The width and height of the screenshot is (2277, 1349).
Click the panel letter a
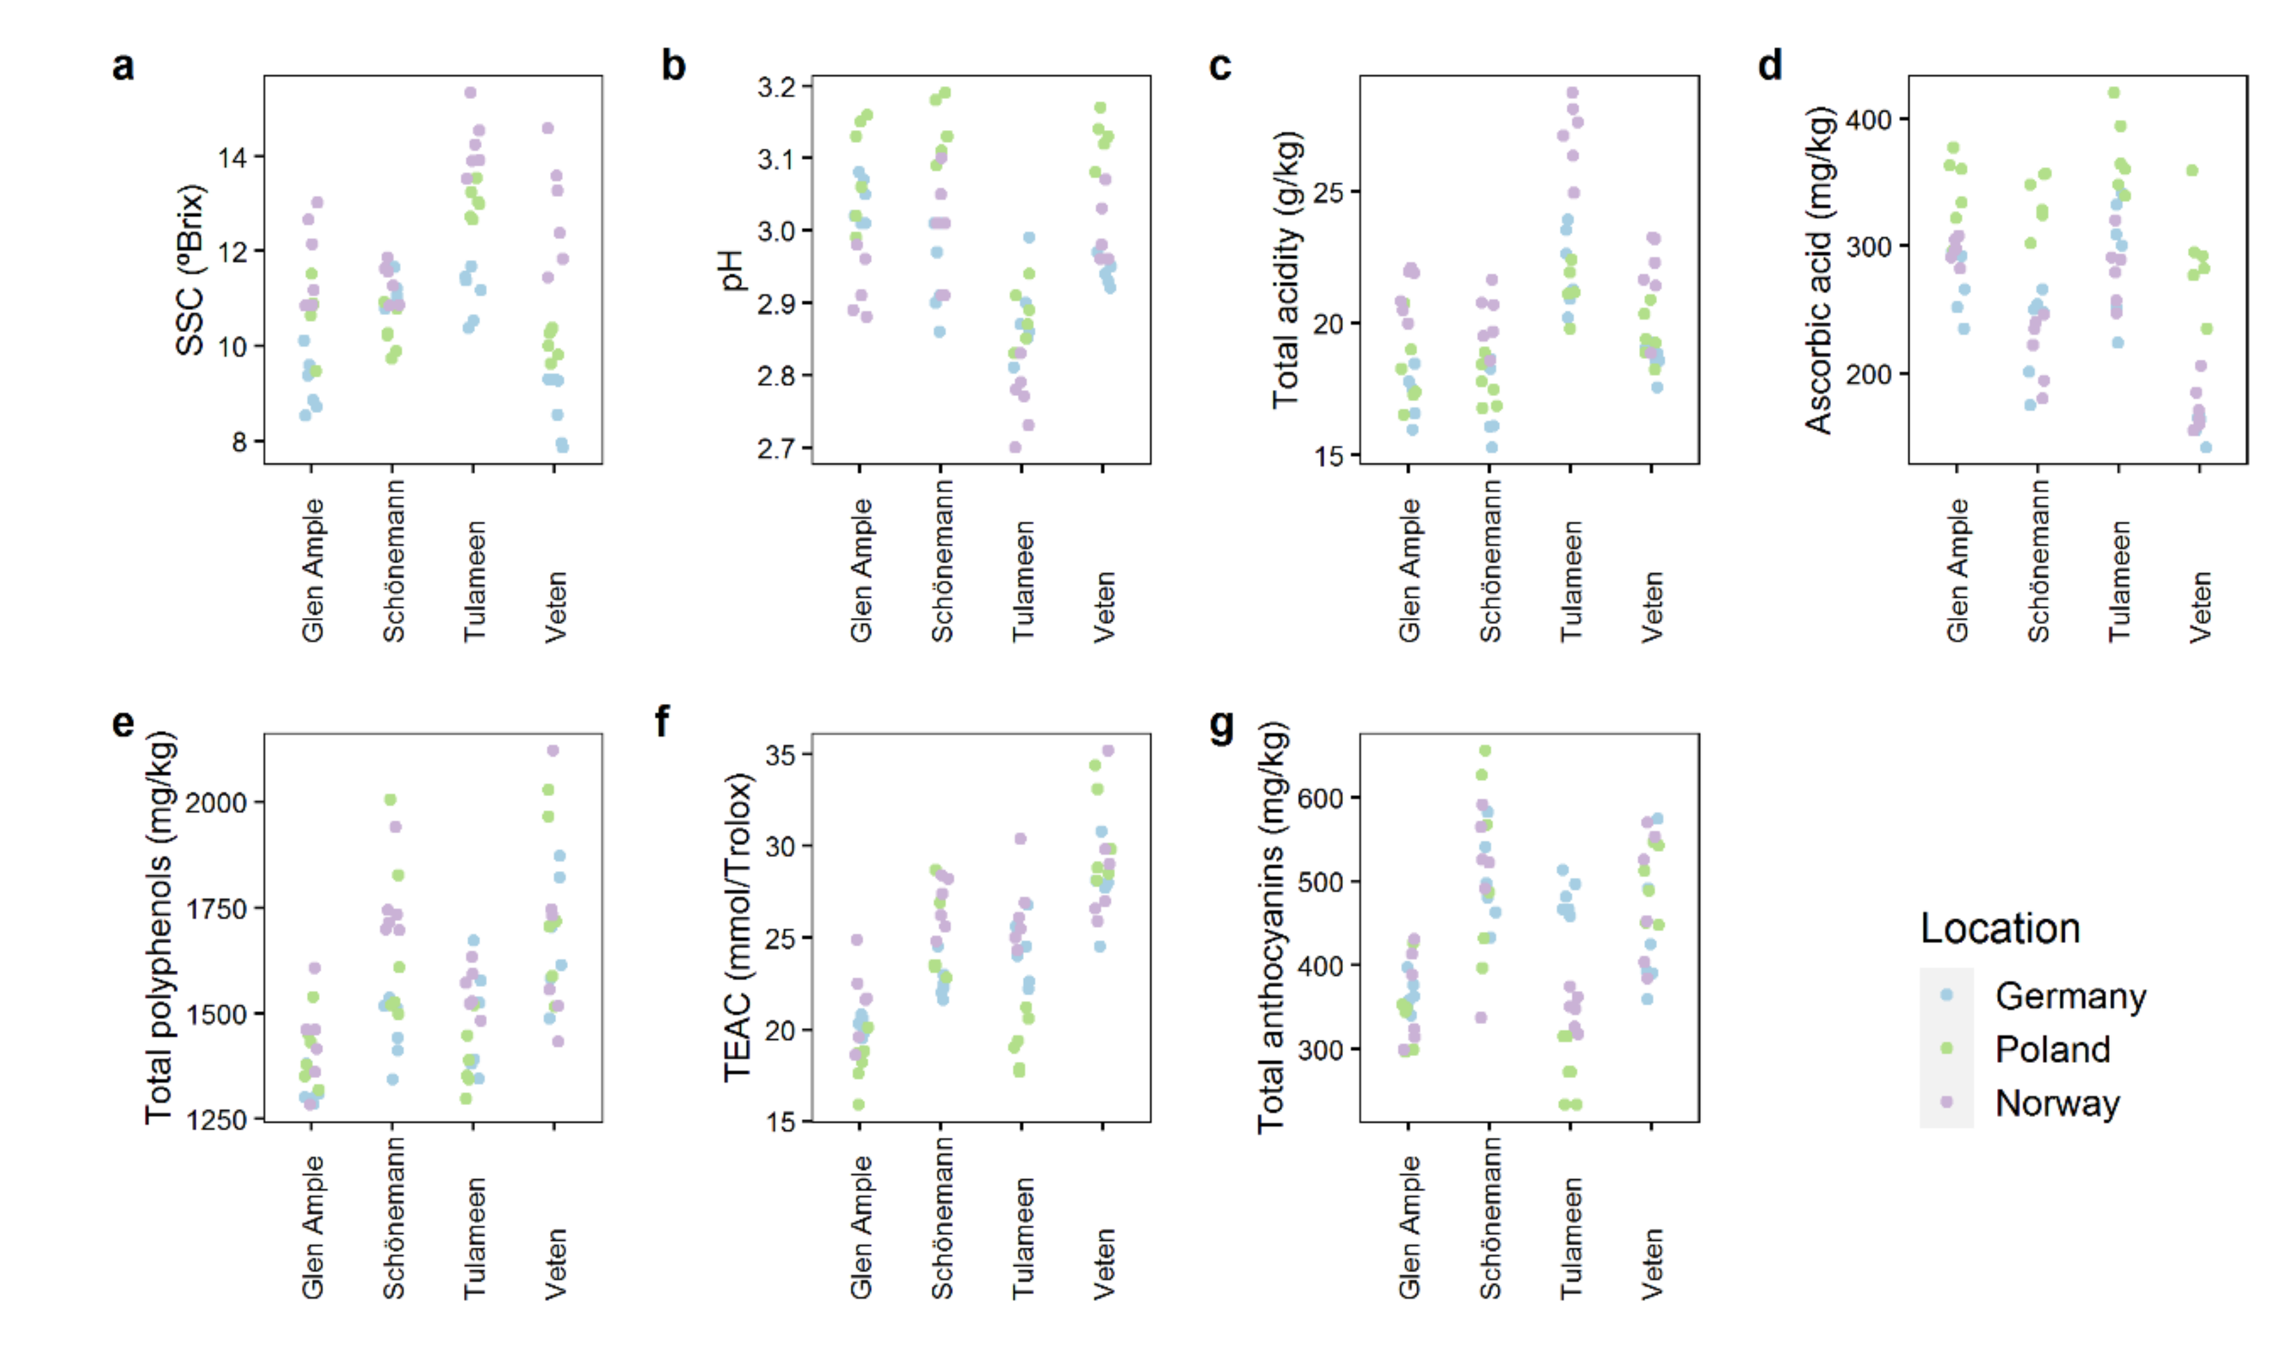[x=123, y=66]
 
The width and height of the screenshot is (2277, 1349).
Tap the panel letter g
[x=1222, y=724]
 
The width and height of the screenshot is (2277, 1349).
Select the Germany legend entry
[x=2069, y=996]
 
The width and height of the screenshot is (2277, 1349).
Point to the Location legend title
[x=1999, y=928]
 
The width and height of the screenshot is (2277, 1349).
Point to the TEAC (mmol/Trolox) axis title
[x=738, y=927]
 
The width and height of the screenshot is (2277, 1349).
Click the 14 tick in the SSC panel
[x=233, y=157]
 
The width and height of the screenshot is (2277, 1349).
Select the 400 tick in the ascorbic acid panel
[x=1869, y=119]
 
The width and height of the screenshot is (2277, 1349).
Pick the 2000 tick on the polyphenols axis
[x=216, y=803]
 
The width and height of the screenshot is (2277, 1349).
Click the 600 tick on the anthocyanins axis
[x=1321, y=798]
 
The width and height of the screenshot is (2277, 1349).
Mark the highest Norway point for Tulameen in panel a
[x=470, y=93]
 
